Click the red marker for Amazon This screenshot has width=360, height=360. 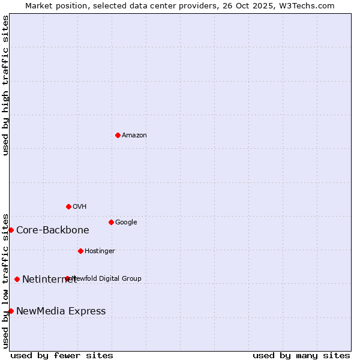118,135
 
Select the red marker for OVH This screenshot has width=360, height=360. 68,206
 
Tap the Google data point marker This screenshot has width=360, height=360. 111,222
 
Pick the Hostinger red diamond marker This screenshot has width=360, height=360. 80,251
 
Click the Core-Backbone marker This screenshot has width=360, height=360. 11,230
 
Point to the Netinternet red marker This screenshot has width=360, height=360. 17,279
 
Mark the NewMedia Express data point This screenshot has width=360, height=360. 11,311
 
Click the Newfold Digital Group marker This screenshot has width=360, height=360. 67,278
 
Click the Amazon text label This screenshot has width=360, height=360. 134,136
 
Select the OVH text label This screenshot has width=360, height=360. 80,207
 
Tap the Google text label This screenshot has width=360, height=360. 126,223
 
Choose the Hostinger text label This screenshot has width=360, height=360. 100,251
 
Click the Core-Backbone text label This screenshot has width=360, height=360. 53,230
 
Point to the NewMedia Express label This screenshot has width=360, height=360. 61,311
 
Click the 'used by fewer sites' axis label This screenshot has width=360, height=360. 62,355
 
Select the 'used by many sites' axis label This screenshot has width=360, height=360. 301,355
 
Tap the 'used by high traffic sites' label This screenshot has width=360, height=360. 5,85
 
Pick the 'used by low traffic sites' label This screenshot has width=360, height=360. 5,281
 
